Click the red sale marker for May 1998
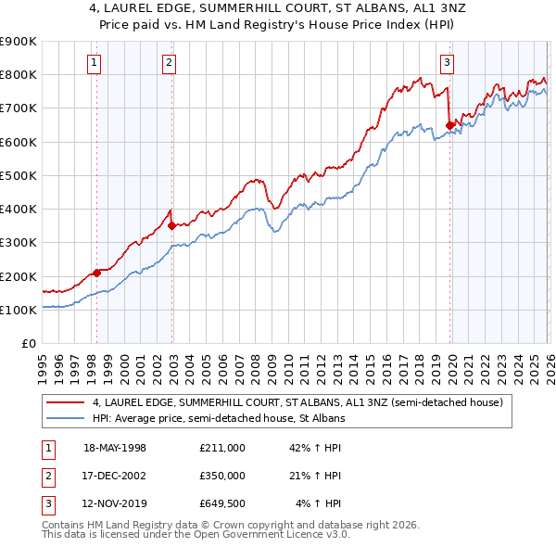click(96, 273)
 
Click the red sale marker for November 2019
click(450, 125)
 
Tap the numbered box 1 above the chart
click(96, 63)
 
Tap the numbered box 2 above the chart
click(170, 63)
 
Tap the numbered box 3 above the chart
click(447, 63)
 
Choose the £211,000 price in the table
click(222, 448)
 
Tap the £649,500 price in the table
click(222, 503)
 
